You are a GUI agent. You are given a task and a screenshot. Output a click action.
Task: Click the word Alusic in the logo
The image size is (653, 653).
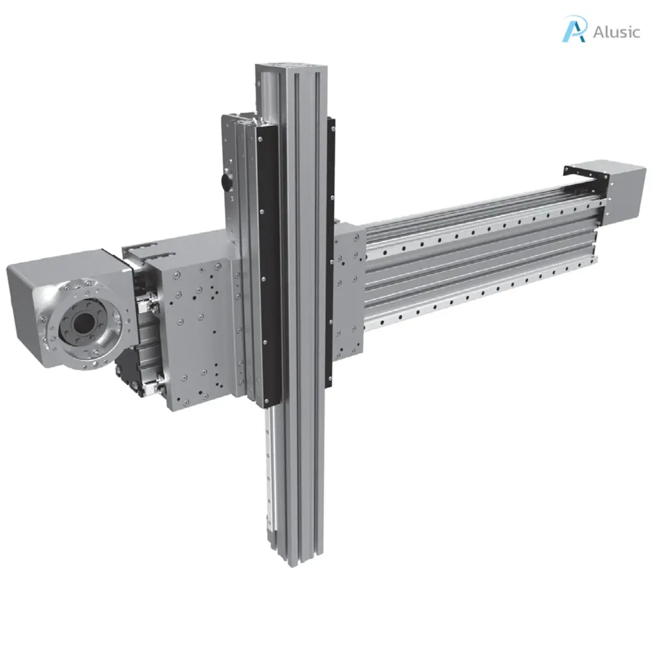pyautogui.click(x=615, y=32)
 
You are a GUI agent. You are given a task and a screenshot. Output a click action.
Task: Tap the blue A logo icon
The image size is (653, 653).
pyautogui.click(x=574, y=29)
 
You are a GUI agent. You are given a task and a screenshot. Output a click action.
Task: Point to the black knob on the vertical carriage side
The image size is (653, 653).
pyautogui.click(x=226, y=182)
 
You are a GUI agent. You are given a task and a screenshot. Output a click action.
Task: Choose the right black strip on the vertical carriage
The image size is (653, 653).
pyautogui.click(x=330, y=255)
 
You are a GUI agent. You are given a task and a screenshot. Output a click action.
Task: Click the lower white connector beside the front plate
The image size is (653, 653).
pyautogui.click(x=152, y=383)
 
